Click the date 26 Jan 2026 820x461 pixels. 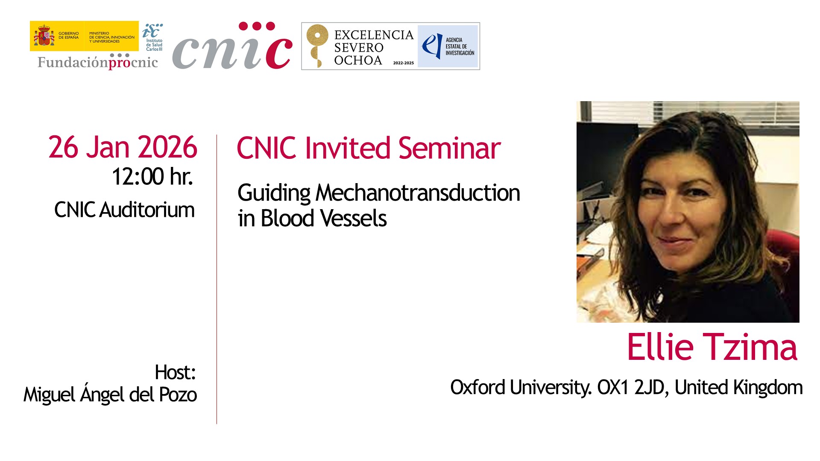point(123,147)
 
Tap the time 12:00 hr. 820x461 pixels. point(152,176)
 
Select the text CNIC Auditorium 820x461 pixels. point(124,210)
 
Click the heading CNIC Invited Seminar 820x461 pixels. point(369,148)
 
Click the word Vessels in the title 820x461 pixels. point(353,219)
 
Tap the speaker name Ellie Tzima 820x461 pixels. point(712,347)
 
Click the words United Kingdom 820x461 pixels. point(738,388)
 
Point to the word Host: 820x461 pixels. point(175,372)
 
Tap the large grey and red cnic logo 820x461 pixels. point(232,46)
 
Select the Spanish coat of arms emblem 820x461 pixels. point(44,36)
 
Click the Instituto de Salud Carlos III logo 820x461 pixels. point(152,37)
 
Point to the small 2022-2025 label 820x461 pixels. point(404,63)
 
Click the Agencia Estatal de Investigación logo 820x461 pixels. point(448,46)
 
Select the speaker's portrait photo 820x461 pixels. point(688,212)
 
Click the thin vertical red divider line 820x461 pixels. point(217,279)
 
